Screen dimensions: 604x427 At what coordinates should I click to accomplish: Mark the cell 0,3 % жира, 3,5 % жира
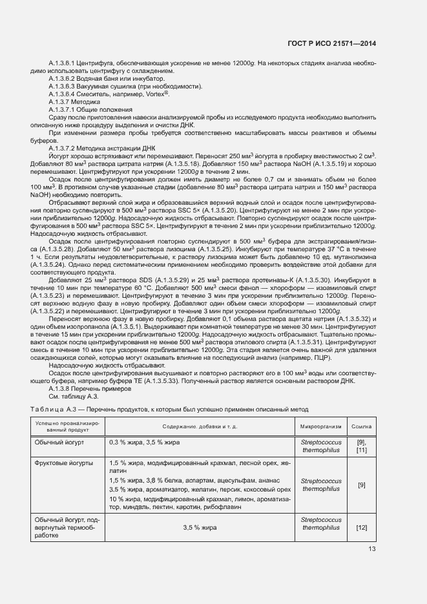point(144,442)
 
